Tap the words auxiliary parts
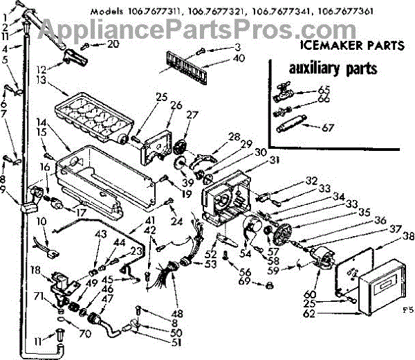coord(324,69)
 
